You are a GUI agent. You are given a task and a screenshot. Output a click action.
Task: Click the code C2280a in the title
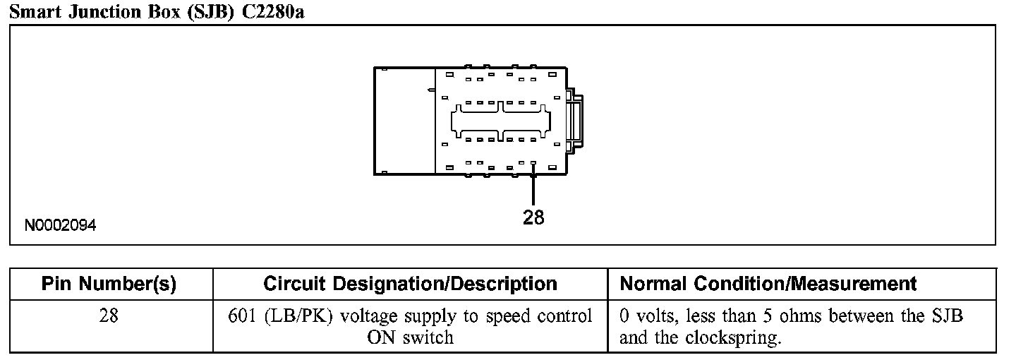tap(273, 12)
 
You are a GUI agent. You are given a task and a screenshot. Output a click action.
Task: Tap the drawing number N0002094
tap(61, 226)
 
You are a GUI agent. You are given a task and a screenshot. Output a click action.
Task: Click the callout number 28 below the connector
tap(533, 218)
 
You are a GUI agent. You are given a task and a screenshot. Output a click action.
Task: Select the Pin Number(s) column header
tap(109, 284)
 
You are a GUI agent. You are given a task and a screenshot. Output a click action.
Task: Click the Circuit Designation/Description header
tap(410, 284)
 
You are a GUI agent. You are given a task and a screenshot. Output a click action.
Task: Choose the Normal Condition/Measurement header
tap(768, 284)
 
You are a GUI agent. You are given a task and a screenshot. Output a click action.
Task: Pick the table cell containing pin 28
tap(109, 316)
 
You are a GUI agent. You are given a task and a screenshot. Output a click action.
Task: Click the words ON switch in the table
tap(410, 337)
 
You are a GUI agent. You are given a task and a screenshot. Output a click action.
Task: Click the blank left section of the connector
tap(404, 120)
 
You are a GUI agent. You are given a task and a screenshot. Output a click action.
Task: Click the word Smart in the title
tap(34, 12)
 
